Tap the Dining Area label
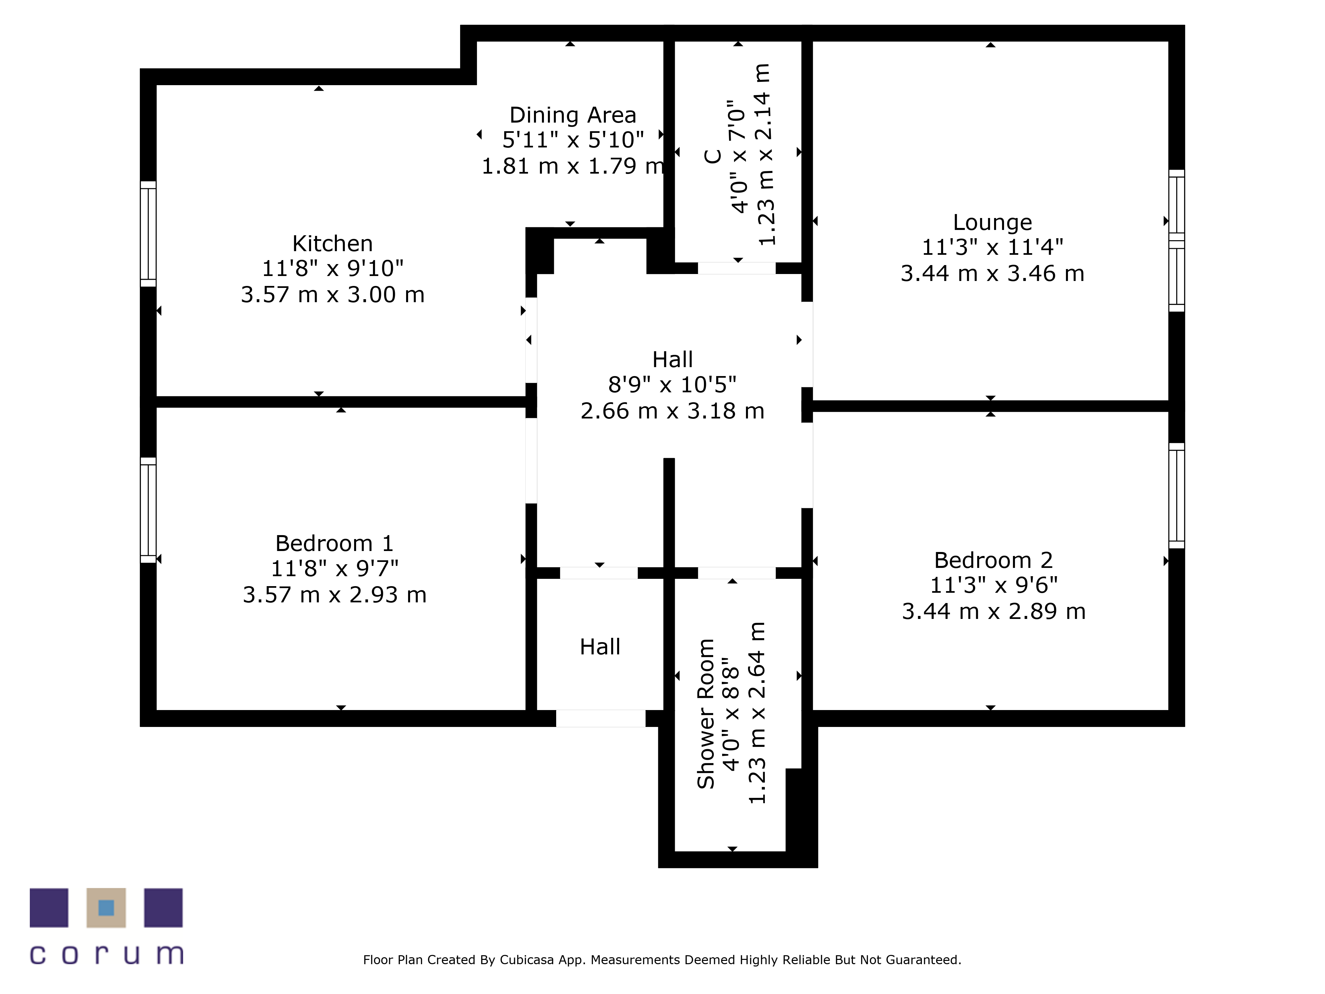(x=573, y=115)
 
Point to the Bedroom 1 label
(x=334, y=543)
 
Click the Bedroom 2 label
(x=993, y=560)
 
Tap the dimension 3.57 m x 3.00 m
(x=333, y=295)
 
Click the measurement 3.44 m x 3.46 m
(x=992, y=274)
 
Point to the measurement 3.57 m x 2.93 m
(x=334, y=595)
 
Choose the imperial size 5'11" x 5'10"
(x=573, y=140)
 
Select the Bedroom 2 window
(x=1177, y=495)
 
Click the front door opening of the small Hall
(x=601, y=718)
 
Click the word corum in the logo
(x=107, y=955)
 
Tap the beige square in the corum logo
(x=106, y=908)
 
